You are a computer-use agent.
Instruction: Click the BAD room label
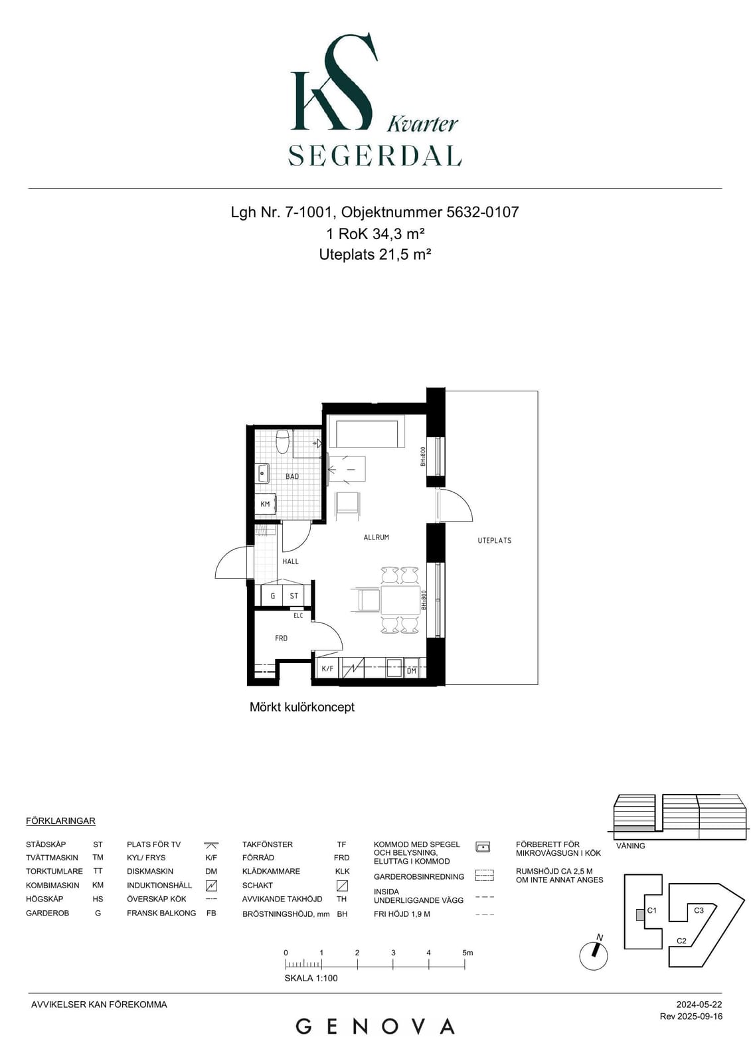point(292,476)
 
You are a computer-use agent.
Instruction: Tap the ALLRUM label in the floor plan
point(376,537)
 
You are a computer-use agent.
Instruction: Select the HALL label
point(290,561)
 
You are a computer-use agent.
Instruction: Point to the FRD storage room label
point(281,638)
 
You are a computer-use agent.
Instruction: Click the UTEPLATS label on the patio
point(494,541)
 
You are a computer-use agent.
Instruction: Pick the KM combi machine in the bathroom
point(265,504)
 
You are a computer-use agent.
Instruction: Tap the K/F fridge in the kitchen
point(327,669)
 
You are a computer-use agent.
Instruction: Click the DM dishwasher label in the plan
point(411,671)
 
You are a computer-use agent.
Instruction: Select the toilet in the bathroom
point(283,441)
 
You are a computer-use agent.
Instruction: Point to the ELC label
point(298,616)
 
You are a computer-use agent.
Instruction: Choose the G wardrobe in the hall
point(272,595)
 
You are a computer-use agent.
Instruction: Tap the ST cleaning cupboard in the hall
point(293,595)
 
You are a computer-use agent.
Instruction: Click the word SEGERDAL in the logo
point(375,155)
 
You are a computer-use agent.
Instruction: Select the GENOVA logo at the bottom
point(375,1027)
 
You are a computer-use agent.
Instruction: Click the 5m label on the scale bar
point(467,953)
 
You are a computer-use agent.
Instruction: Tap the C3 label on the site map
point(699,910)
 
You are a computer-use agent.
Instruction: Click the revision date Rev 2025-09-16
point(691,1016)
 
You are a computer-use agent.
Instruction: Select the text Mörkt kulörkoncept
point(301,707)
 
